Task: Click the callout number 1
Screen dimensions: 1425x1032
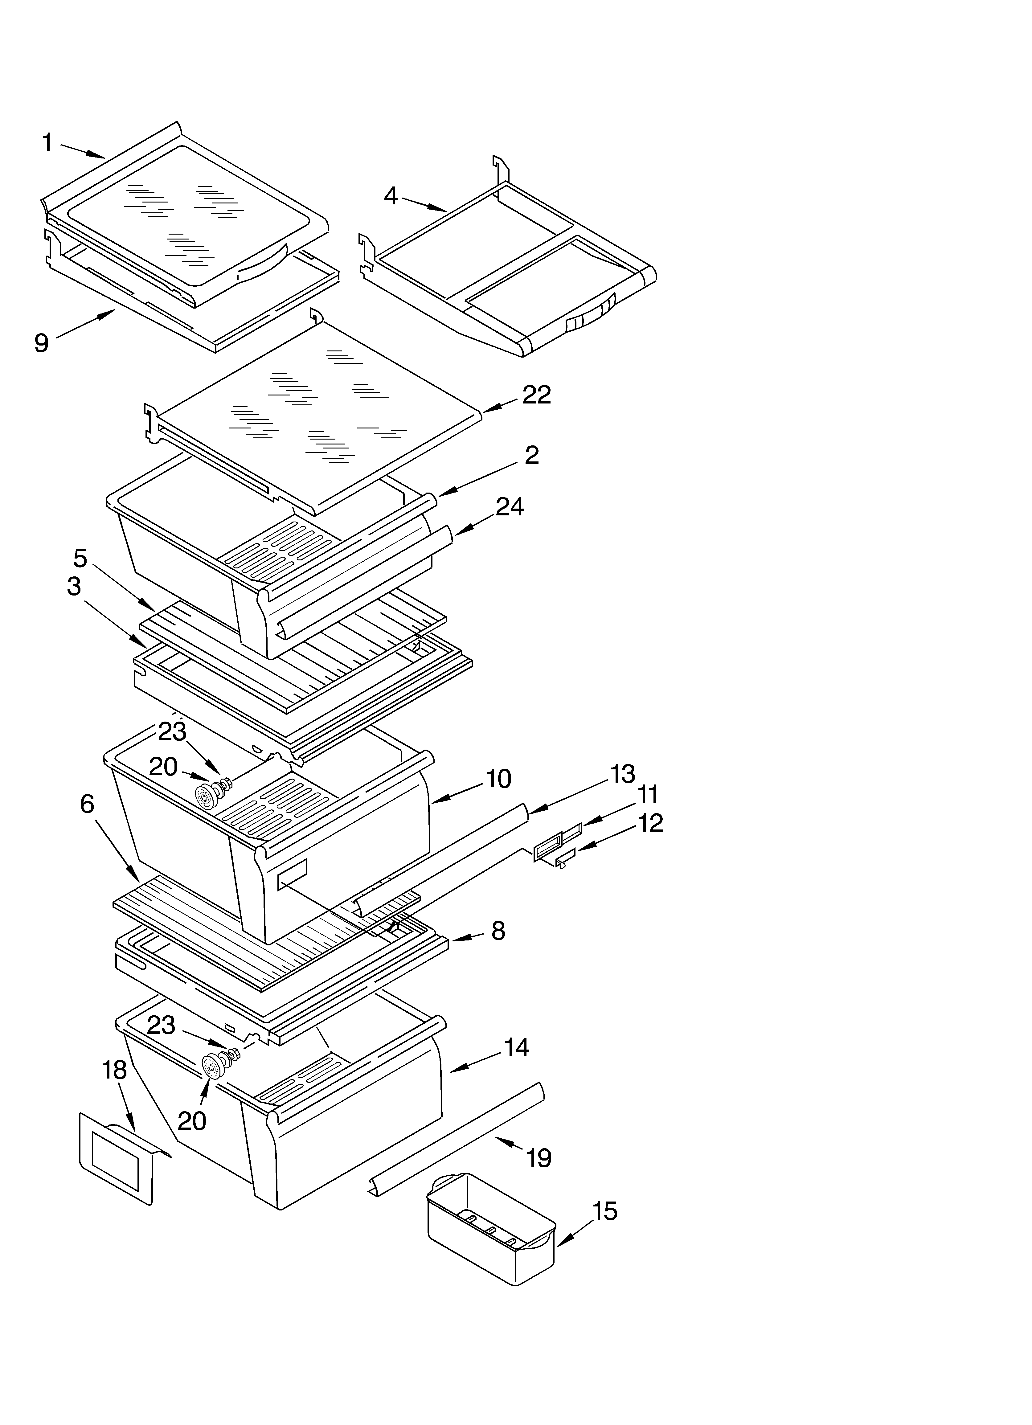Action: (x=47, y=143)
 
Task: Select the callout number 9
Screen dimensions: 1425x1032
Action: (x=42, y=343)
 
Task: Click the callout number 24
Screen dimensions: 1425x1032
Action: (x=509, y=506)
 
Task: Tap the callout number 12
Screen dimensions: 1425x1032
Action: (x=650, y=823)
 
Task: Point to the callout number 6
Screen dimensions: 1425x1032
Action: (x=87, y=804)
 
